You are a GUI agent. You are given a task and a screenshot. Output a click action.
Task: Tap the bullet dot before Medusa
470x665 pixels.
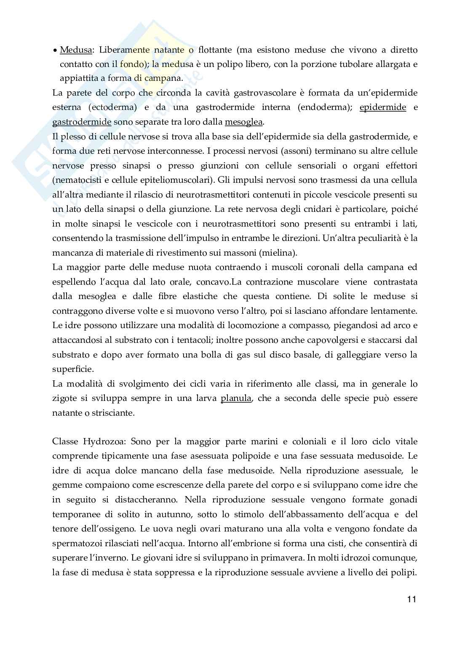click(x=55, y=51)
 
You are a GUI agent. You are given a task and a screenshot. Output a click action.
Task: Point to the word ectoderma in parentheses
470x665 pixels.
click(x=113, y=107)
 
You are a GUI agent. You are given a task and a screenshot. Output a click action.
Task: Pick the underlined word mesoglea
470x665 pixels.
click(x=244, y=122)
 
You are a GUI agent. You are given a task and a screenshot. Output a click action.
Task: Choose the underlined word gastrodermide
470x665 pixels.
click(x=82, y=122)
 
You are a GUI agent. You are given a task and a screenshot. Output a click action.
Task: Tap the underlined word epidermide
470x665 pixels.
click(x=383, y=107)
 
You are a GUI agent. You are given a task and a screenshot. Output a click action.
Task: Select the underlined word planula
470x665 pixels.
click(x=236, y=398)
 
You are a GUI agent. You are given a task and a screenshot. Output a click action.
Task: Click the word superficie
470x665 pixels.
click(x=72, y=369)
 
